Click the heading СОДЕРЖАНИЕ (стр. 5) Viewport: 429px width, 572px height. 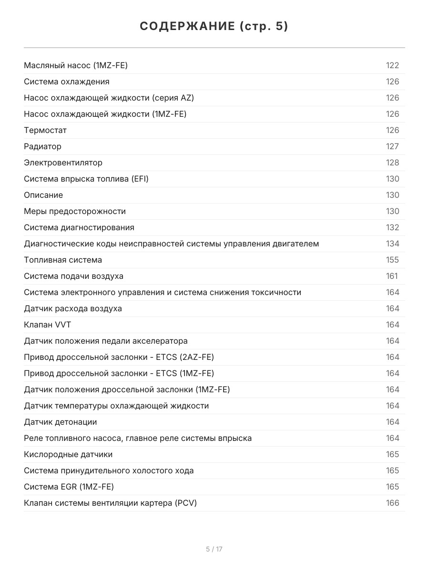pos(214,27)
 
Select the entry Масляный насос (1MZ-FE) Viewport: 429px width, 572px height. pos(76,65)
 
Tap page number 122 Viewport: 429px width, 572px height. pos(392,65)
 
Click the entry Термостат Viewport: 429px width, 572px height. pos(45,130)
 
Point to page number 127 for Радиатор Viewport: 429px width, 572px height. pos(392,146)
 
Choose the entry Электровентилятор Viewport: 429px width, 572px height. pos(63,163)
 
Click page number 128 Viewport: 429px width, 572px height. pos(392,163)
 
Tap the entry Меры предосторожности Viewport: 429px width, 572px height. pos(75,211)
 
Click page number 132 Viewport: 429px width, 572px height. pos(392,227)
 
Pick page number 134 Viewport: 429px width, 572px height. pos(392,244)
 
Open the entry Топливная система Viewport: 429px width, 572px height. pos(63,260)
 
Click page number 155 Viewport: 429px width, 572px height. pos(392,260)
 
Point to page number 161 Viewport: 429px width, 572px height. pos(391,276)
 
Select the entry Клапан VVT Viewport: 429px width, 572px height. pos(48,325)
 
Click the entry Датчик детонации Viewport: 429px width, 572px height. pos(61,422)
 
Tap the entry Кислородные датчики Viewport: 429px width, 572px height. pos(68,454)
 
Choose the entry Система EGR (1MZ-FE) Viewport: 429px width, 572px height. pos(69,487)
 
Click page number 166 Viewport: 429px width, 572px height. pos(392,503)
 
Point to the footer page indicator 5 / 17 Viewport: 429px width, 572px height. pos(214,549)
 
